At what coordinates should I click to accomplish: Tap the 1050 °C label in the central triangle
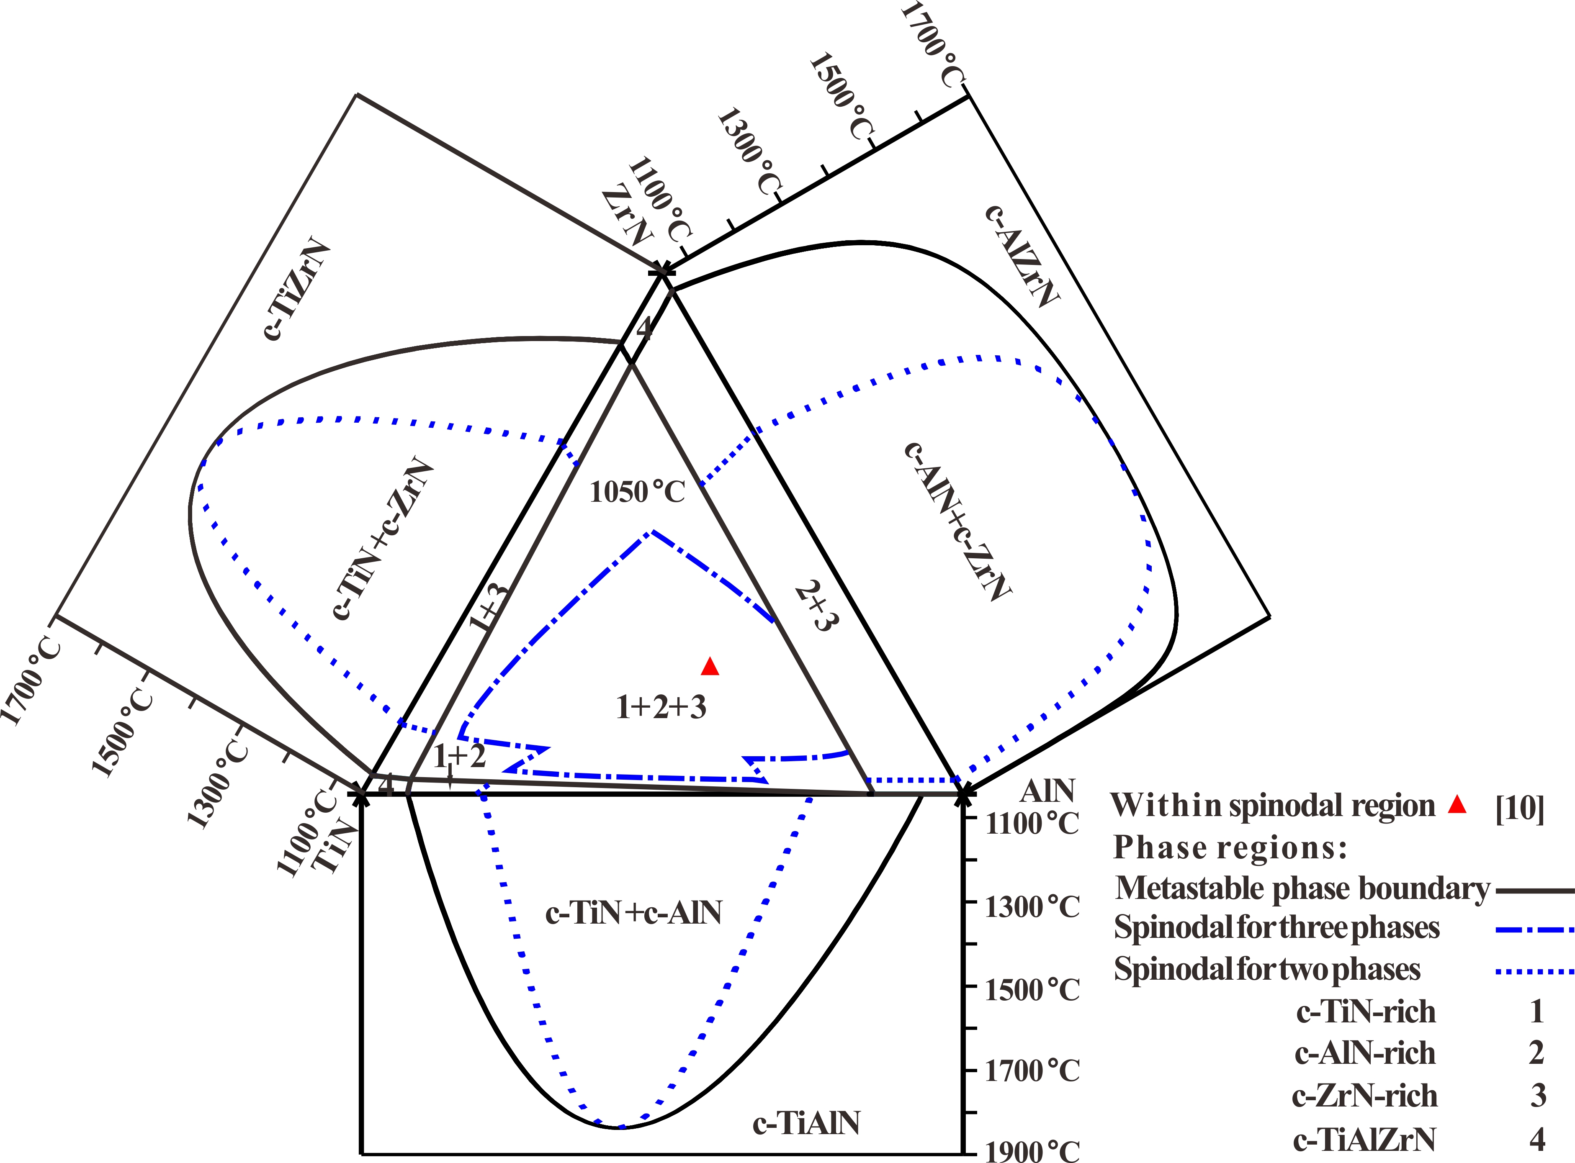637,491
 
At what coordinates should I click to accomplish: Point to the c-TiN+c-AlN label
634,913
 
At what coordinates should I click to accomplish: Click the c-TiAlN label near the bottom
806,1123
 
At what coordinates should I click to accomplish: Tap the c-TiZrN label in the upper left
298,290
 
